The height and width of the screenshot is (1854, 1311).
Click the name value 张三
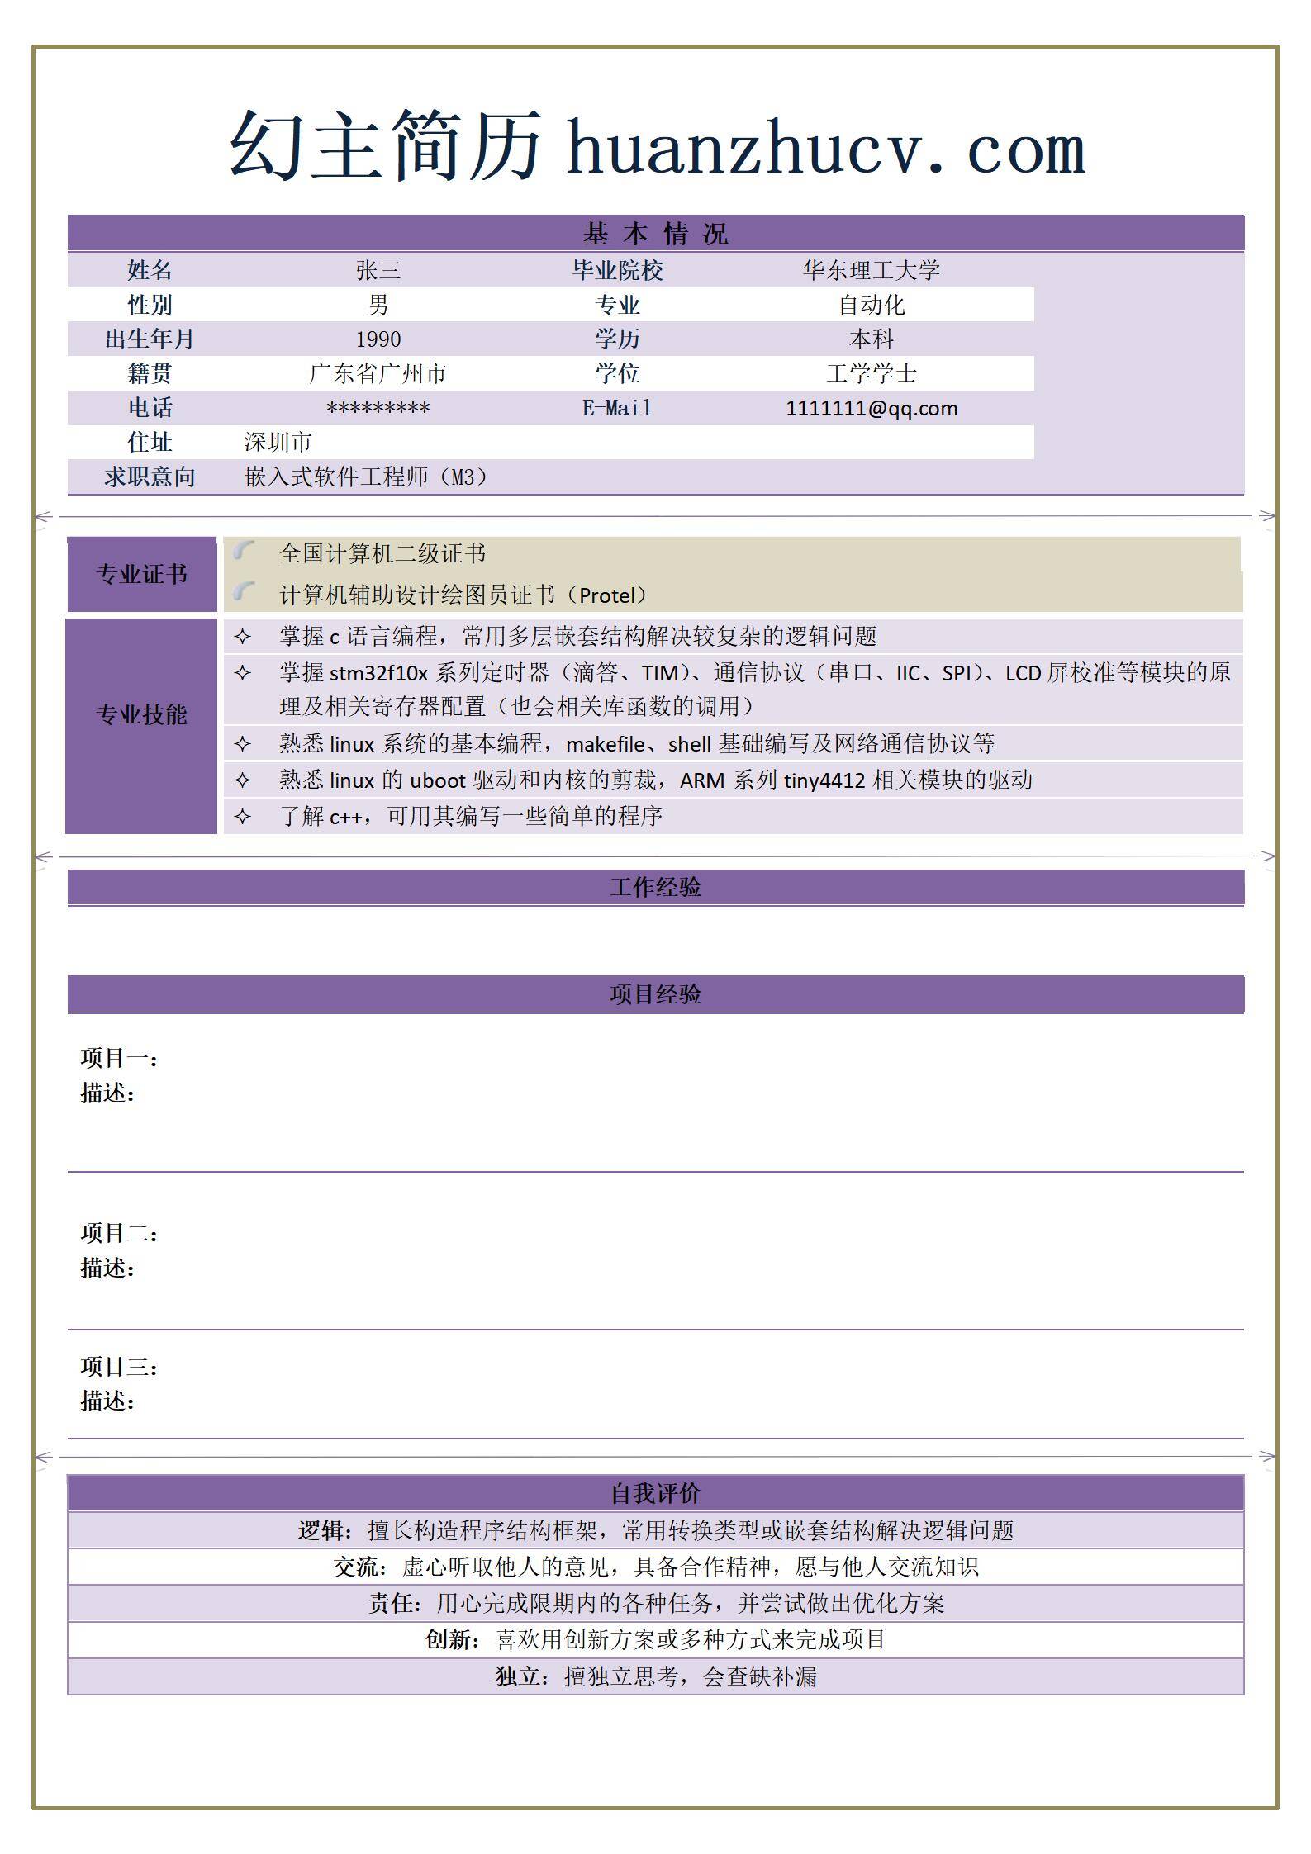378,270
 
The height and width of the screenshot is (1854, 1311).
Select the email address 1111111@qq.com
872,408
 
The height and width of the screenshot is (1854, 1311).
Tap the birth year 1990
378,339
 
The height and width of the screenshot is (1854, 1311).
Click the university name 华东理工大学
872,270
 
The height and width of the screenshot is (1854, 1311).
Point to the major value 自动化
872,306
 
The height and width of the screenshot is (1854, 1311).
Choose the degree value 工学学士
872,373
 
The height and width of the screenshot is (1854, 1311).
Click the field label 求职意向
150,477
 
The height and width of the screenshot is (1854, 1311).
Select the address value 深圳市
278,443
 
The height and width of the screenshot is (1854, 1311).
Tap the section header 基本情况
655,234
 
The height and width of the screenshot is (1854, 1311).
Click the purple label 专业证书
141,574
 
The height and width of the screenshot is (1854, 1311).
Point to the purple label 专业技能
141,714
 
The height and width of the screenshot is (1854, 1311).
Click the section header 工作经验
655,887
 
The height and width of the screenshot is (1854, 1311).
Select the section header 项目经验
655,993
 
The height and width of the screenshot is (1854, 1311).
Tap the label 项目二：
119,1233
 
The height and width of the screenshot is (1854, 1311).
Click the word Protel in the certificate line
611,595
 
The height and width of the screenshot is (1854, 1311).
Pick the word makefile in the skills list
605,744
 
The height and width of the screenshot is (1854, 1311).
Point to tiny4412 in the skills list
824,780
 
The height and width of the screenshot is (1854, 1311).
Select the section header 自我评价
655,1493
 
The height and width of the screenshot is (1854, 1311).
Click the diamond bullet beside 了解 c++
242,816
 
